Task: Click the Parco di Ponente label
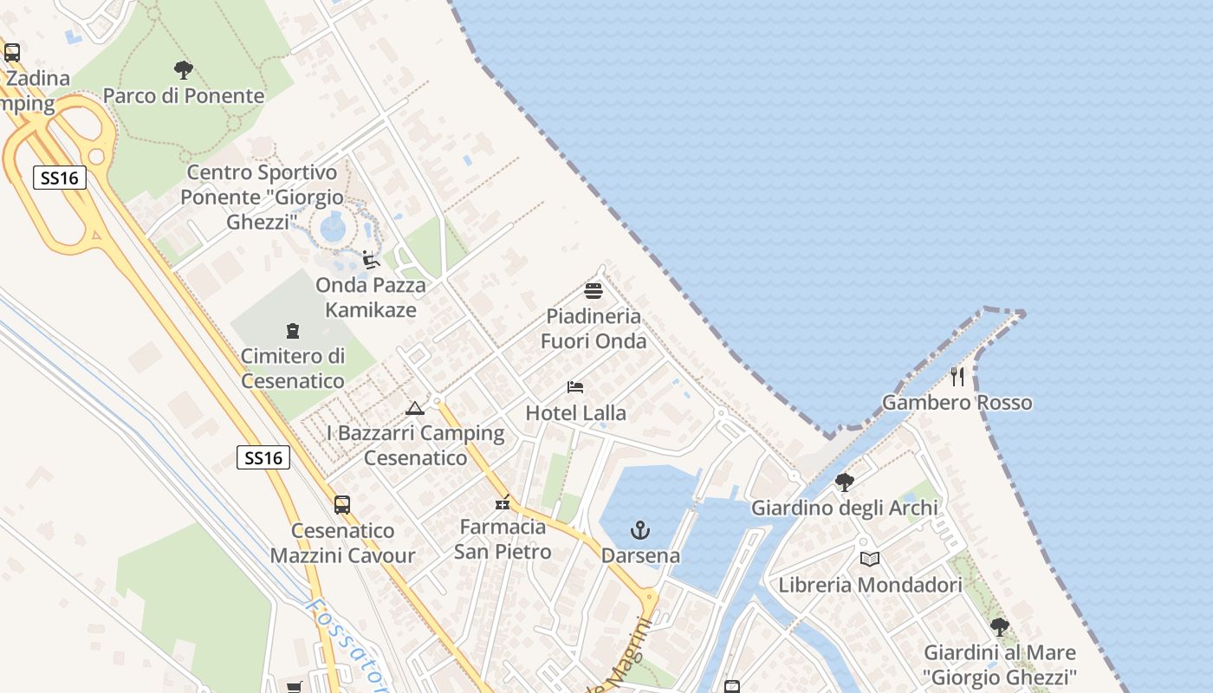[x=184, y=95]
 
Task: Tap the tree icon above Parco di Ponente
[x=184, y=69]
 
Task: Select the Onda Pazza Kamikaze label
[x=371, y=297]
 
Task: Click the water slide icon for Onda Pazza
[x=371, y=260]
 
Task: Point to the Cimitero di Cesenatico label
[x=293, y=368]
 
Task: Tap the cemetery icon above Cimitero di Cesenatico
[x=293, y=330]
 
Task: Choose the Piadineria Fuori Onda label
[x=594, y=328]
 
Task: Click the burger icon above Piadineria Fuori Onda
[x=594, y=290]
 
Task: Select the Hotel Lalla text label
[x=576, y=413]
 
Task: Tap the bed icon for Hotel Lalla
[x=576, y=386]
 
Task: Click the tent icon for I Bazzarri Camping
[x=415, y=407]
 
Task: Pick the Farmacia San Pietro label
[x=503, y=539]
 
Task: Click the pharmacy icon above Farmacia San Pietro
[x=503, y=502]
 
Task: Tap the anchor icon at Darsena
[x=640, y=530]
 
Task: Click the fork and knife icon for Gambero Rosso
[x=957, y=377]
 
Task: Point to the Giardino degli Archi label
[x=845, y=508]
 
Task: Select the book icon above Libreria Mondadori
[x=870, y=559]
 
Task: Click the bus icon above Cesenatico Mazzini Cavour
[x=342, y=505]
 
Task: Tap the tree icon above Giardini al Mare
[x=1000, y=626]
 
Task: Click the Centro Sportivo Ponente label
[x=263, y=197]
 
